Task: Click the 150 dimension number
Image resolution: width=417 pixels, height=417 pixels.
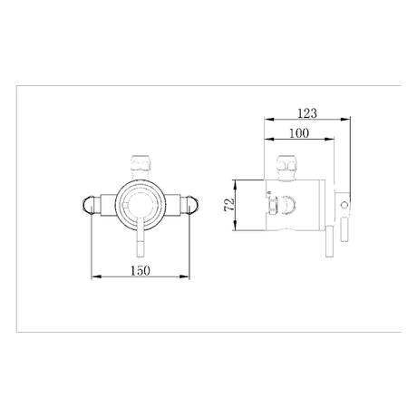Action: click(x=141, y=271)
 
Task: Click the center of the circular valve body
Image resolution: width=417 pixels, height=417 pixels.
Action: click(x=141, y=203)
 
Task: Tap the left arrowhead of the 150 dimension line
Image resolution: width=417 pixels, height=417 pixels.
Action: click(x=93, y=277)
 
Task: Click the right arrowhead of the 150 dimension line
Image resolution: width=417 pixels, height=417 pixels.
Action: click(x=188, y=277)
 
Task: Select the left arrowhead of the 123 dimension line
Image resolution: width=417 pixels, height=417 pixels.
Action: click(x=265, y=119)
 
